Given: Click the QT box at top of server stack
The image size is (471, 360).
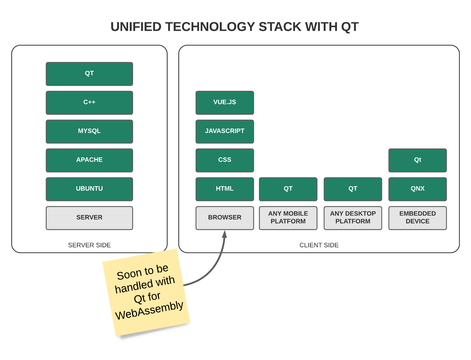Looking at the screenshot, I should pos(89,74).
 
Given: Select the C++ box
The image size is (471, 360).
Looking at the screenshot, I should pos(89,103).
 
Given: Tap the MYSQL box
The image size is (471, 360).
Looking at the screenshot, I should pos(89,131).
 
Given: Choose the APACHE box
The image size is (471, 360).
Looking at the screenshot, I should pos(89,160).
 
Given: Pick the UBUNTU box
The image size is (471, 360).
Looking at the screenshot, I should pos(89,189).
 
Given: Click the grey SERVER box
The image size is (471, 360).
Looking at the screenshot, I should pos(89,218).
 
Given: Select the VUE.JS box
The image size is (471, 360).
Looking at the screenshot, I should pos(225,103).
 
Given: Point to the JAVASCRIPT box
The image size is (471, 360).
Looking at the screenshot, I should pos(225,131).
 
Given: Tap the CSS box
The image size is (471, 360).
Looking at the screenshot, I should pos(225,160).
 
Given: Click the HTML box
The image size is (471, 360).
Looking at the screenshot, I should pos(225,189).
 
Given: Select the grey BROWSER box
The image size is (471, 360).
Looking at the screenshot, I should pos(225,218).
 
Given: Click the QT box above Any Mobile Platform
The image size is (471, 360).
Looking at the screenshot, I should pos(288,189).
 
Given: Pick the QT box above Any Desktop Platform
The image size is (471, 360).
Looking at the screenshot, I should pos(353,189).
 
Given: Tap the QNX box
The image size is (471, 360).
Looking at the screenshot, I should pos(417,189).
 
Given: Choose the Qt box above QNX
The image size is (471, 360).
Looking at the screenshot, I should pos(417,160).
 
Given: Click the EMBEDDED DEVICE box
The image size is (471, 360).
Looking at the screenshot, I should pos(417,218).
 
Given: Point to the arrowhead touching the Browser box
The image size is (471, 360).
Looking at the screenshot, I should pos(225,234).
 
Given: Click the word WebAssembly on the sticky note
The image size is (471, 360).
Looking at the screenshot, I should pos(149,310).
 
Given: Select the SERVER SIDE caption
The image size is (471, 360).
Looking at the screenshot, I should pos(89,245).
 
